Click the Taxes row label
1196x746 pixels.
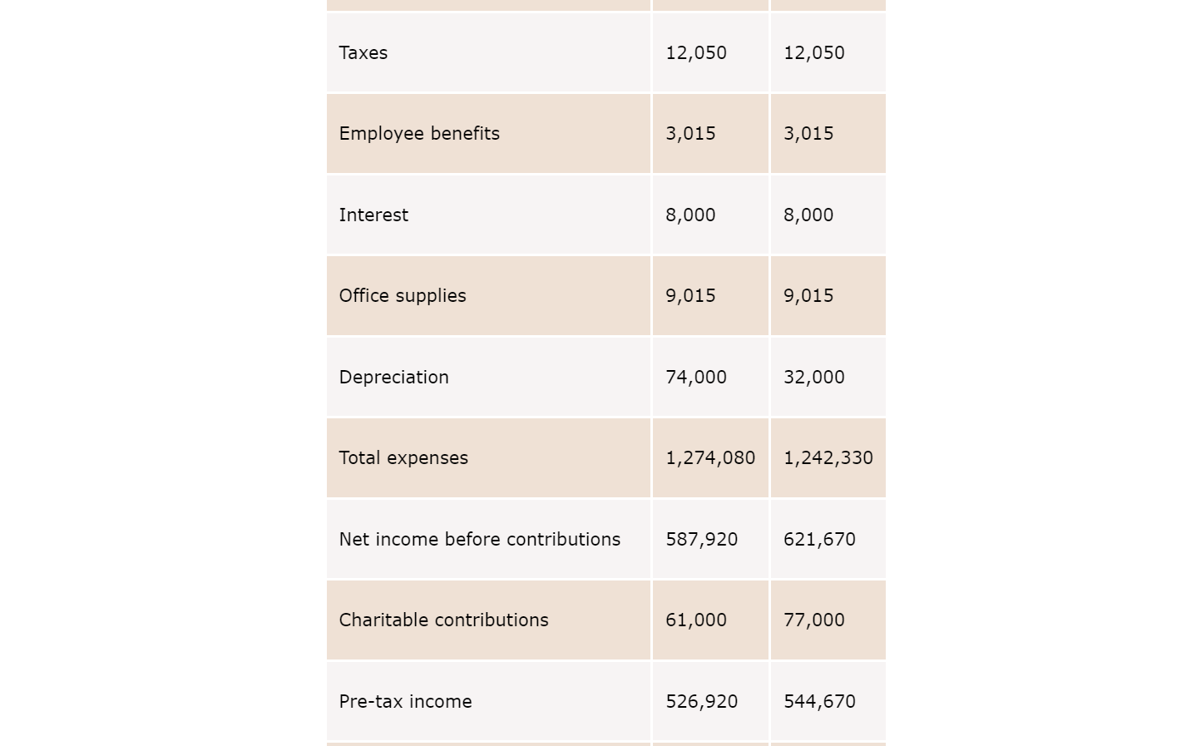(x=363, y=53)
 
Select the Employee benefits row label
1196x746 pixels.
(x=419, y=134)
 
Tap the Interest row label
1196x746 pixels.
(x=373, y=215)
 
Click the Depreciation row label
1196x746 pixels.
(x=393, y=378)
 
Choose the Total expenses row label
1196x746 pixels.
(x=403, y=458)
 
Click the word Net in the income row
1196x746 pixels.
(x=354, y=540)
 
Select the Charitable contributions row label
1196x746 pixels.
(x=443, y=620)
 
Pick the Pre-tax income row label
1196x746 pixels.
(x=405, y=702)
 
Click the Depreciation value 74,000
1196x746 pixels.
(x=695, y=378)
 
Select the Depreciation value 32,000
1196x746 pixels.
(x=813, y=378)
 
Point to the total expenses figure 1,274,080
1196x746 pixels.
(x=710, y=458)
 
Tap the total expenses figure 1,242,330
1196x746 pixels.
(x=828, y=458)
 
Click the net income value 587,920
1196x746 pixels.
(x=702, y=540)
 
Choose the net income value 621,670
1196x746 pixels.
(x=819, y=540)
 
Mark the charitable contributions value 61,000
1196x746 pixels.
(x=695, y=620)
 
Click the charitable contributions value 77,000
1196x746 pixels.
(x=813, y=620)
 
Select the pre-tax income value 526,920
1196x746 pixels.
(x=702, y=702)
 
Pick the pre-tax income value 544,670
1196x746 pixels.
(x=819, y=702)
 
